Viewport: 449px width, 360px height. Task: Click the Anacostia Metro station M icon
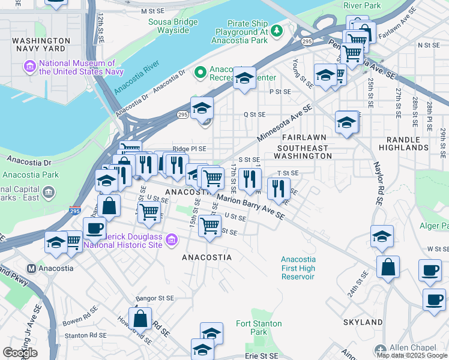click(x=32, y=268)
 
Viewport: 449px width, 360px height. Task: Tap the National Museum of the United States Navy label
click(x=77, y=67)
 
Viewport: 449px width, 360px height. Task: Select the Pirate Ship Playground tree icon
click(x=276, y=30)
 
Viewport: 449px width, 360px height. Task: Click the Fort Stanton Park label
click(x=258, y=328)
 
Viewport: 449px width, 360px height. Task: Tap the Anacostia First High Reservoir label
click(x=298, y=268)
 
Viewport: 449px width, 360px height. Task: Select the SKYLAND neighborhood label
click(x=363, y=322)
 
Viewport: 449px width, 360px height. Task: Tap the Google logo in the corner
click(x=20, y=353)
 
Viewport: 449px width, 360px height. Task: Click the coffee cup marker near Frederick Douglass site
click(x=94, y=228)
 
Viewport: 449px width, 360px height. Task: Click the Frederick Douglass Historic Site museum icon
click(x=172, y=241)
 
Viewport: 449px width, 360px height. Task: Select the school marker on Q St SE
click(x=202, y=108)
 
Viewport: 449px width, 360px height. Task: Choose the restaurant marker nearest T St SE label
click(x=278, y=189)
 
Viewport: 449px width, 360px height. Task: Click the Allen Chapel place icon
click(x=379, y=349)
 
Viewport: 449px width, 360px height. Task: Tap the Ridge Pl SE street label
click(x=188, y=149)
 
